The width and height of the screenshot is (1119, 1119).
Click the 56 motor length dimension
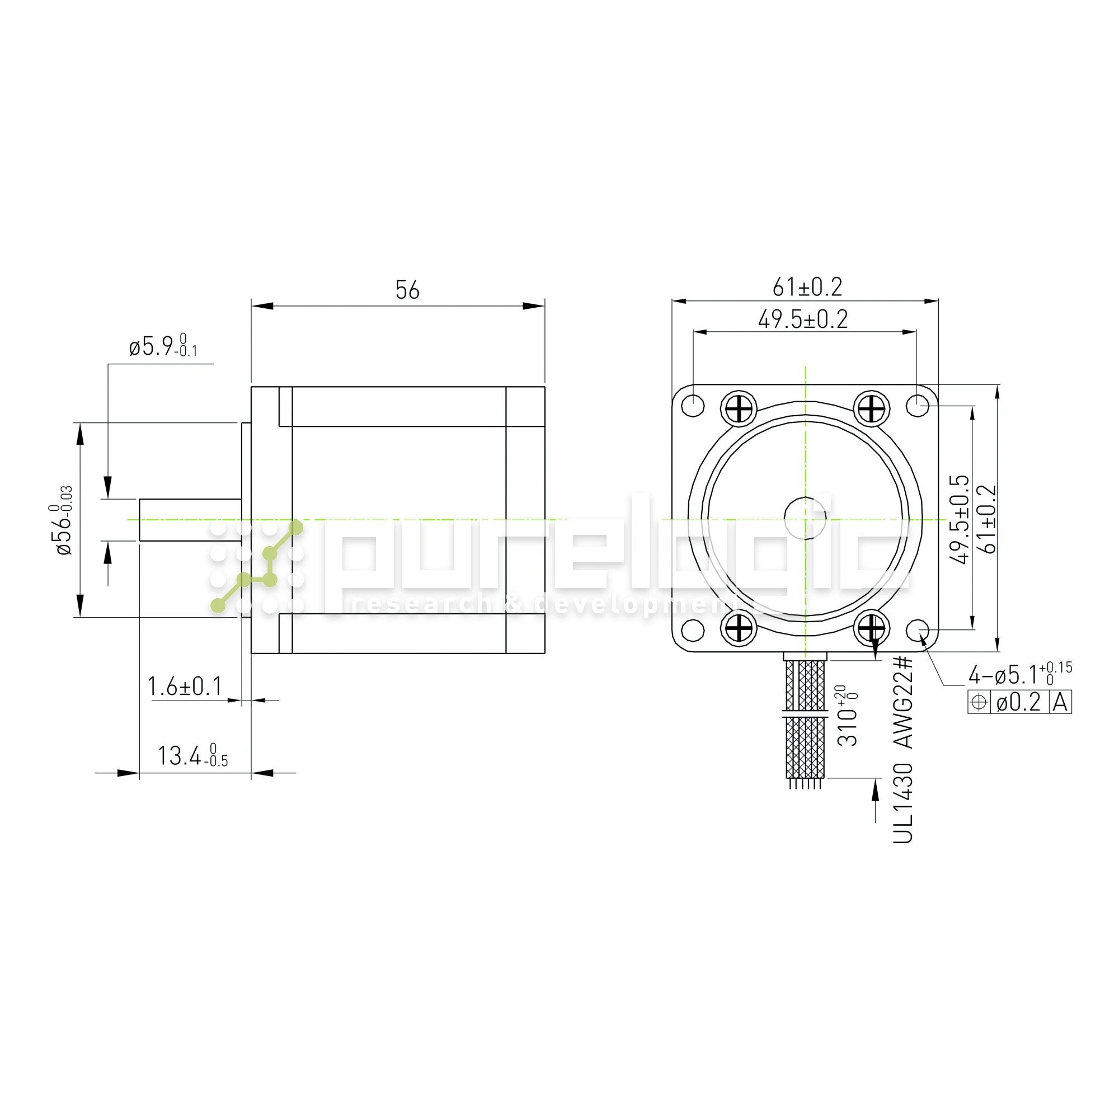[x=407, y=290]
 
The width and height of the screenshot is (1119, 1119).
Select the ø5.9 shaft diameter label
[x=163, y=346]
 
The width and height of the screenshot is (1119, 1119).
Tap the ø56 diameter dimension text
[x=62, y=521]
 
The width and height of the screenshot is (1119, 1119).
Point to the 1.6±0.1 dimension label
[x=185, y=687]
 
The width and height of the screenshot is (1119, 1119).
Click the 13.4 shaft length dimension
[x=192, y=756]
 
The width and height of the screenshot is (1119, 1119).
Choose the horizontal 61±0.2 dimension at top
[x=807, y=287]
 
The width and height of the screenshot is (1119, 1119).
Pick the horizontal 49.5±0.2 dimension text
[x=803, y=319]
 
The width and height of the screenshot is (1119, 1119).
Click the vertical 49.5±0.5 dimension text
[x=959, y=519]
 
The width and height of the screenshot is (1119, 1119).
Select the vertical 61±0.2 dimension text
[x=988, y=519]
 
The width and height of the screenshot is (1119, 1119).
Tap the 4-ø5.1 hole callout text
[x=1019, y=674]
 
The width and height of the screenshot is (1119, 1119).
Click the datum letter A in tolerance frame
[x=1060, y=703]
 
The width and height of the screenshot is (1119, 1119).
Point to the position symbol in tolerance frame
[x=978, y=703]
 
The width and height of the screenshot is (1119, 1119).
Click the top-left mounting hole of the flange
[x=693, y=406]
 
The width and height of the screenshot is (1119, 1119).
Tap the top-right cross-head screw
[x=872, y=410]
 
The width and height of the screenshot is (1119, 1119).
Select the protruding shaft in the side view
[x=190, y=520]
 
